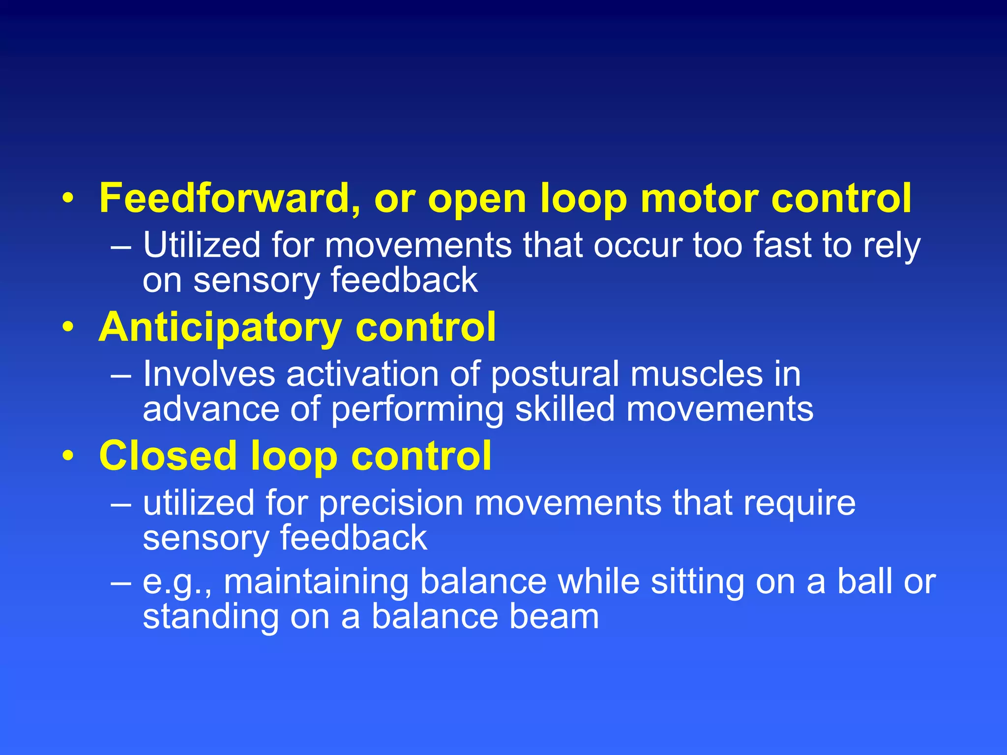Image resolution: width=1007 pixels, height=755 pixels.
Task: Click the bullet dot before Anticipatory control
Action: coord(68,327)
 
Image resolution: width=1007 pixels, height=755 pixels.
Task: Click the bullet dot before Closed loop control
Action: coord(68,456)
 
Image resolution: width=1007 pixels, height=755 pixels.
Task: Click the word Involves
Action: coord(208,374)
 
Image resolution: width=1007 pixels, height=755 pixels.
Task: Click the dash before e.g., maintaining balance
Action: coord(121,583)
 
